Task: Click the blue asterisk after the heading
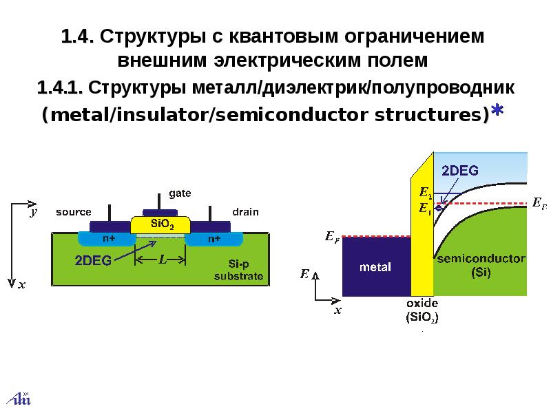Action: point(497,110)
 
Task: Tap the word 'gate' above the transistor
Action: point(180,193)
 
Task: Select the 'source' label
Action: point(74,212)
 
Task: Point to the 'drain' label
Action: point(246,212)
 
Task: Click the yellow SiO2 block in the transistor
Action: point(160,225)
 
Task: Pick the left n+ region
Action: point(107,239)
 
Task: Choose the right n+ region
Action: point(214,239)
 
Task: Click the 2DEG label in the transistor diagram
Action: point(93,260)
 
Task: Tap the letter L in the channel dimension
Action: point(163,260)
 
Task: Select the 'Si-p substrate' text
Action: point(238,270)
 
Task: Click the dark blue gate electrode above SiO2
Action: point(160,213)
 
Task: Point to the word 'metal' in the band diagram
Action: point(375,267)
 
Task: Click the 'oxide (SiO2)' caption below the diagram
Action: point(422,310)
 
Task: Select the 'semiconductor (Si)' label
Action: point(481,266)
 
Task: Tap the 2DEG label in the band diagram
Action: point(459,171)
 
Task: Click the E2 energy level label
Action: point(425,193)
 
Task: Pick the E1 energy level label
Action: point(425,209)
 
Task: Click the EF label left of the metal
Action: point(332,237)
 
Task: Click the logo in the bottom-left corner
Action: point(20,399)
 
